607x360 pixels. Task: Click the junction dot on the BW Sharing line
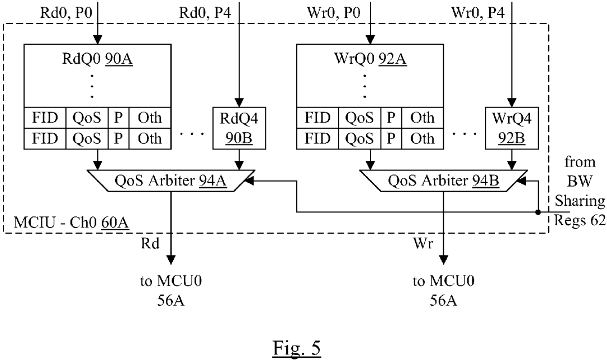[x=538, y=212]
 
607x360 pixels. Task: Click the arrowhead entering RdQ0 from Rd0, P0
[x=97, y=40]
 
